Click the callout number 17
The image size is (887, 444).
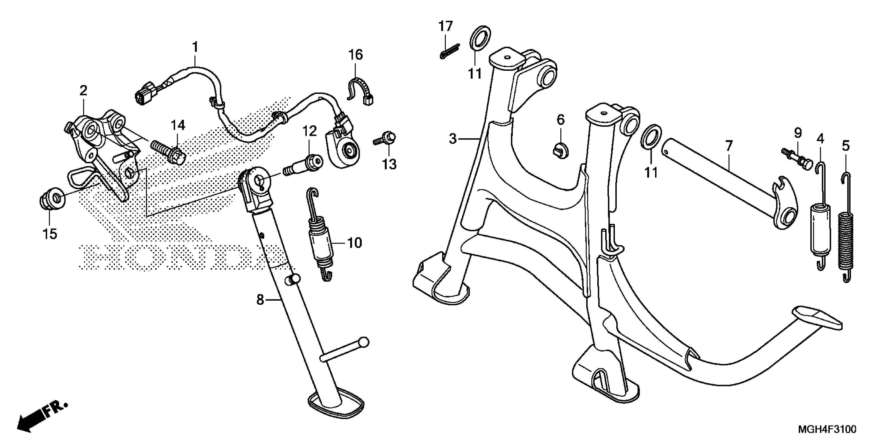[x=445, y=26]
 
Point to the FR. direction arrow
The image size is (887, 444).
[x=41, y=417]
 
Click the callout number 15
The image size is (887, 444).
[x=49, y=234]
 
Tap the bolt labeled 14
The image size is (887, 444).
[x=168, y=152]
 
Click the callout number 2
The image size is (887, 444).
[x=83, y=91]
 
